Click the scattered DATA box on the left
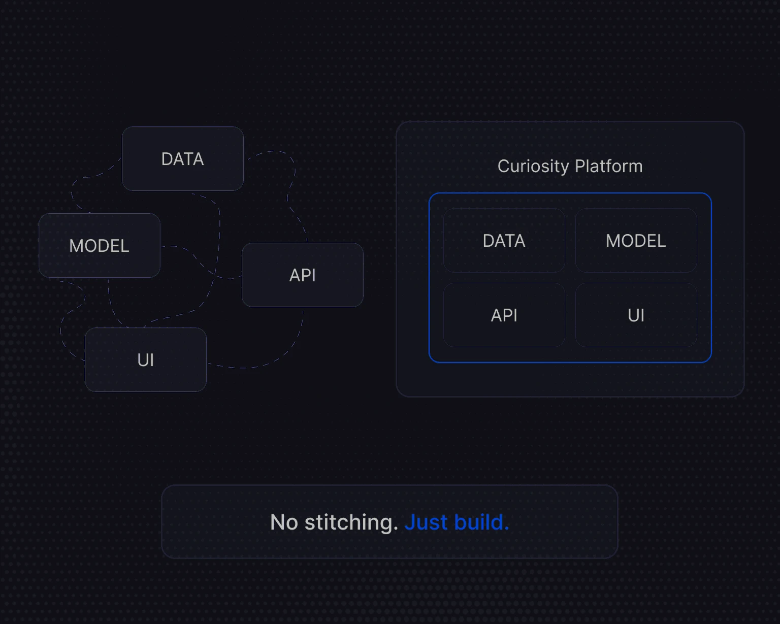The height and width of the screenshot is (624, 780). click(183, 159)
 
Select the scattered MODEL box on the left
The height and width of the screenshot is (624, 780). click(100, 246)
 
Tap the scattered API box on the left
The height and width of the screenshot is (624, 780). click(303, 275)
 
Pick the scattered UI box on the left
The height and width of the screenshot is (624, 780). click(146, 360)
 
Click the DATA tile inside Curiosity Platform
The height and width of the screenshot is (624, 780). click(504, 241)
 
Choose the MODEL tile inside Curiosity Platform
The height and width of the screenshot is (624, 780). click(636, 241)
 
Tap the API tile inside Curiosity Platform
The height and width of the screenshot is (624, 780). click(504, 315)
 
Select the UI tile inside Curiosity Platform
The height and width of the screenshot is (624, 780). click(636, 315)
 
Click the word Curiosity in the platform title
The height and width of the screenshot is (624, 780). click(533, 167)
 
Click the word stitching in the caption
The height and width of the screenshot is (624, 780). click(351, 522)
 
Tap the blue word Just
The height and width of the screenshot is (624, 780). click(426, 522)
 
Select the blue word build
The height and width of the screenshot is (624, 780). click(481, 522)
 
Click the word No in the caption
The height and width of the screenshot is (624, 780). click(284, 522)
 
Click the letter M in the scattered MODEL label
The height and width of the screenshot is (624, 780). click(76, 246)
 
